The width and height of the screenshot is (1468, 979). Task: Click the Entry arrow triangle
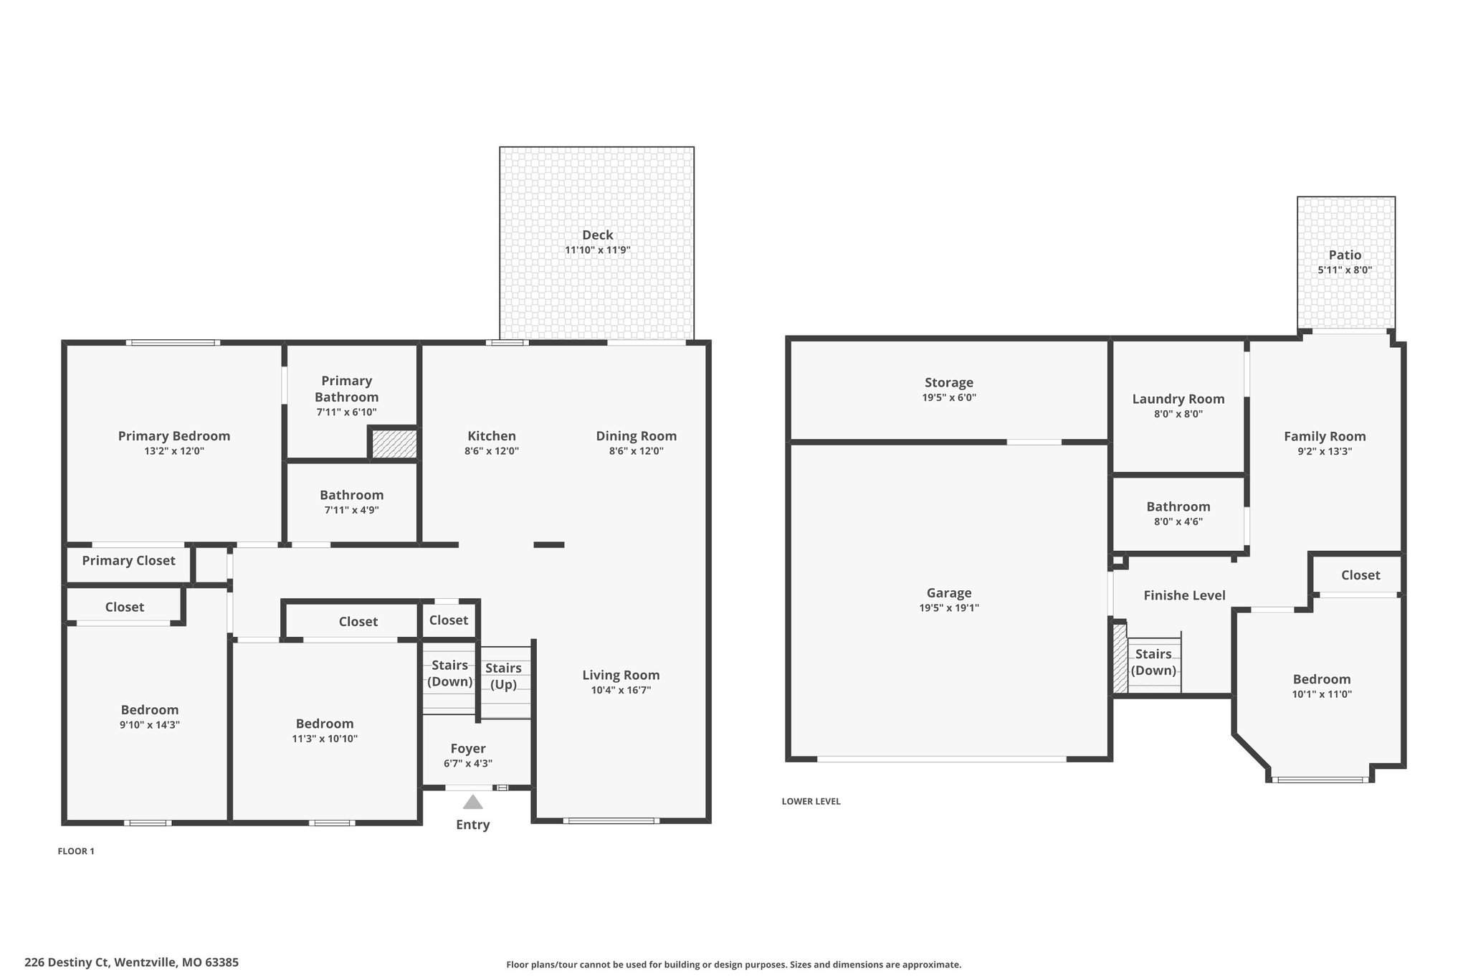pyautogui.click(x=472, y=802)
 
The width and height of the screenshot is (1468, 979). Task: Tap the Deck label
pyautogui.click(x=597, y=235)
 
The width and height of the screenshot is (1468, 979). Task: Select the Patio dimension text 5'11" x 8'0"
pyautogui.click(x=1345, y=270)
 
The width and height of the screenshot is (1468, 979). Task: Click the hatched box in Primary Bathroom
pyautogui.click(x=394, y=443)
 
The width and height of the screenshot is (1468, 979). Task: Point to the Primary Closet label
pyautogui.click(x=128, y=561)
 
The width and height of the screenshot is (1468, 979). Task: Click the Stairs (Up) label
pyautogui.click(x=503, y=676)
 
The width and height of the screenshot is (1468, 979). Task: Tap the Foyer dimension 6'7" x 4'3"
pyautogui.click(x=468, y=764)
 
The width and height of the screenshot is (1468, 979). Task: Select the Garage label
pyautogui.click(x=949, y=593)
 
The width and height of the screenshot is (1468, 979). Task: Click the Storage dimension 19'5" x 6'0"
pyautogui.click(x=949, y=398)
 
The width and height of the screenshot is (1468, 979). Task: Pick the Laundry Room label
pyautogui.click(x=1178, y=399)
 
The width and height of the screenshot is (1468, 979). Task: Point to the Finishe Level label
pyautogui.click(x=1184, y=595)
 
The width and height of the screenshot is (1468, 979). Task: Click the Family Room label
pyautogui.click(x=1325, y=437)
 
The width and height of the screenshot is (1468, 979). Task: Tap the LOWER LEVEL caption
pyautogui.click(x=811, y=802)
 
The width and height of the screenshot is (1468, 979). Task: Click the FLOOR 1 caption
pyautogui.click(x=76, y=851)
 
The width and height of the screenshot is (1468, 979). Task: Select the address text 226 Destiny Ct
pyautogui.click(x=67, y=963)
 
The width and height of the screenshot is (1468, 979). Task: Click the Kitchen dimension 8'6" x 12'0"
pyautogui.click(x=491, y=451)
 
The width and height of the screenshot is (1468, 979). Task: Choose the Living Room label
pyautogui.click(x=621, y=675)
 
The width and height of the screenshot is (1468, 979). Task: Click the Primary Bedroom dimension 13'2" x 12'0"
pyautogui.click(x=174, y=451)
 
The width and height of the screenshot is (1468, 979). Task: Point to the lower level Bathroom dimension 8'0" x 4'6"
pyautogui.click(x=1178, y=522)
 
